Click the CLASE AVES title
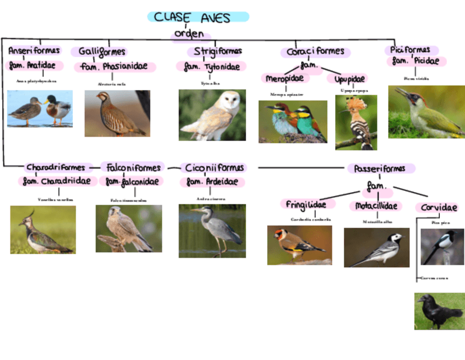click(198, 17)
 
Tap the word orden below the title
click(189, 34)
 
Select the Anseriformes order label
click(34, 51)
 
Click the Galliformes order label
click(103, 52)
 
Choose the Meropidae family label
click(285, 78)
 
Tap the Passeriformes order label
click(379, 168)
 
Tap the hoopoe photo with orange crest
click(356, 122)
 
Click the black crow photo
click(439, 311)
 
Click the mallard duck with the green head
click(57, 108)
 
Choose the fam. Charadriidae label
click(58, 181)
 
